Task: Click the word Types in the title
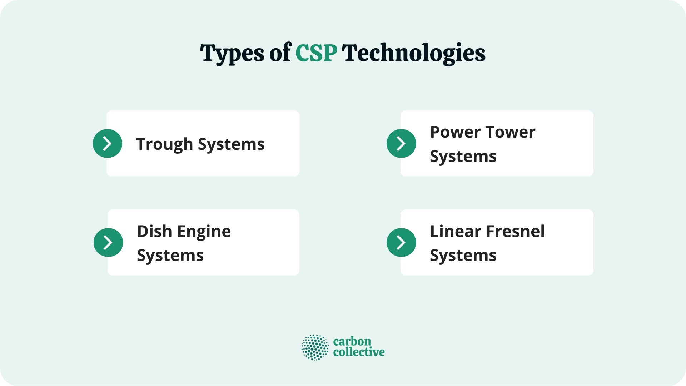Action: point(233,54)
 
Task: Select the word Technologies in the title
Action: point(414,54)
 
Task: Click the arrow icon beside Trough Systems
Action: point(108,143)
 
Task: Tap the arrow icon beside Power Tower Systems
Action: point(401,143)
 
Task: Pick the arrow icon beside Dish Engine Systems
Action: point(108,242)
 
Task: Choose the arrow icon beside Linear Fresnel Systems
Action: point(401,242)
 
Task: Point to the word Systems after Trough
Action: point(231,144)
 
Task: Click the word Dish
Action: point(154,231)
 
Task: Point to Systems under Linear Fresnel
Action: point(463,256)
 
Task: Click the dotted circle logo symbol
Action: point(315,347)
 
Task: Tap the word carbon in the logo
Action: point(352,341)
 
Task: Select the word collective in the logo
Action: point(359,352)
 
